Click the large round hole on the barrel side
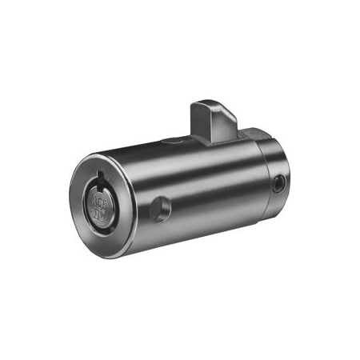tap(161, 209)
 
